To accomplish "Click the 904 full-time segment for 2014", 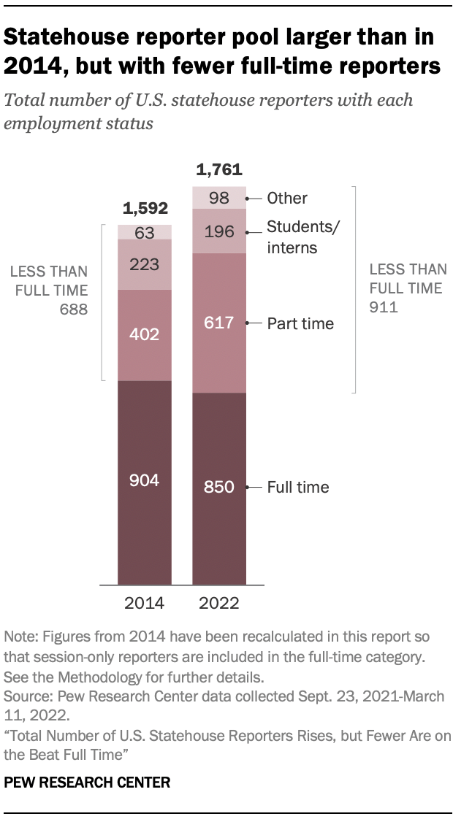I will (145, 482).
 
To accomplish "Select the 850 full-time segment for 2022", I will (219, 488).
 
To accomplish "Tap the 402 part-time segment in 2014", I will (145, 335).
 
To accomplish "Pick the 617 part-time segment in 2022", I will (219, 323).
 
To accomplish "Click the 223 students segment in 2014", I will (145, 264).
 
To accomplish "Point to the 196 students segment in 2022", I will (219, 231).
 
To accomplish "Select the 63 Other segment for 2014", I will (145, 232).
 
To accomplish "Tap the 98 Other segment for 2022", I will (219, 198).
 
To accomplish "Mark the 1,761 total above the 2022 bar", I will (219, 171).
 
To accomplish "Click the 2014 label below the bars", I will (145, 604).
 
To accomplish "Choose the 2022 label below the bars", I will (219, 604).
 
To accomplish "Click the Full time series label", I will (297, 487).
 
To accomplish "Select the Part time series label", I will (300, 323).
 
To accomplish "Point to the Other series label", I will (287, 198).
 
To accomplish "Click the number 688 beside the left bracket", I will (74, 309).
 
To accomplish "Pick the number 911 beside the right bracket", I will (384, 307).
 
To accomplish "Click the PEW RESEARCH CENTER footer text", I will (87, 783).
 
